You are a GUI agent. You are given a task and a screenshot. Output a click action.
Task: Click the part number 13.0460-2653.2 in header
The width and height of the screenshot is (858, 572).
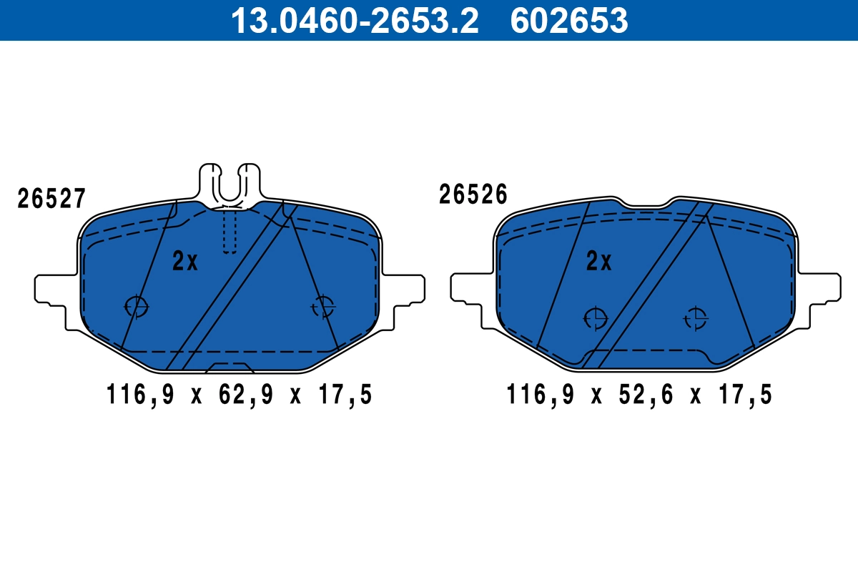pyautogui.click(x=353, y=20)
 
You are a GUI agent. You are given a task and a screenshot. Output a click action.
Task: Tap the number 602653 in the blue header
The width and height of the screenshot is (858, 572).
pyautogui.click(x=569, y=20)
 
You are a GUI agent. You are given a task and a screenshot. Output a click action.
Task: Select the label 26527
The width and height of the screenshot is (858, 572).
pyautogui.click(x=51, y=199)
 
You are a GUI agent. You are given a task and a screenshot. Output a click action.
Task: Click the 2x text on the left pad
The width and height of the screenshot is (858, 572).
pyautogui.click(x=184, y=262)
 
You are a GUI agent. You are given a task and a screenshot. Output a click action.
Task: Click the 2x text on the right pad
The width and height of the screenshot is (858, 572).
pyautogui.click(x=598, y=262)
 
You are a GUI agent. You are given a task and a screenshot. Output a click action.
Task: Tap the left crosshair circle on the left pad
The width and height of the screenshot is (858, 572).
pyautogui.click(x=136, y=306)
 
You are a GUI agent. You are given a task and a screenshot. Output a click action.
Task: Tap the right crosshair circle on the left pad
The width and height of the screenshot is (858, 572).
pyautogui.click(x=324, y=306)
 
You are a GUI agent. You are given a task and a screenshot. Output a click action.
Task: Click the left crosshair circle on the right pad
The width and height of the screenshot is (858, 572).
pyautogui.click(x=595, y=317)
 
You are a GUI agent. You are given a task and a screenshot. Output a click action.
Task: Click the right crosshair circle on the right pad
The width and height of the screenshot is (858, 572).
pyautogui.click(x=695, y=317)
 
